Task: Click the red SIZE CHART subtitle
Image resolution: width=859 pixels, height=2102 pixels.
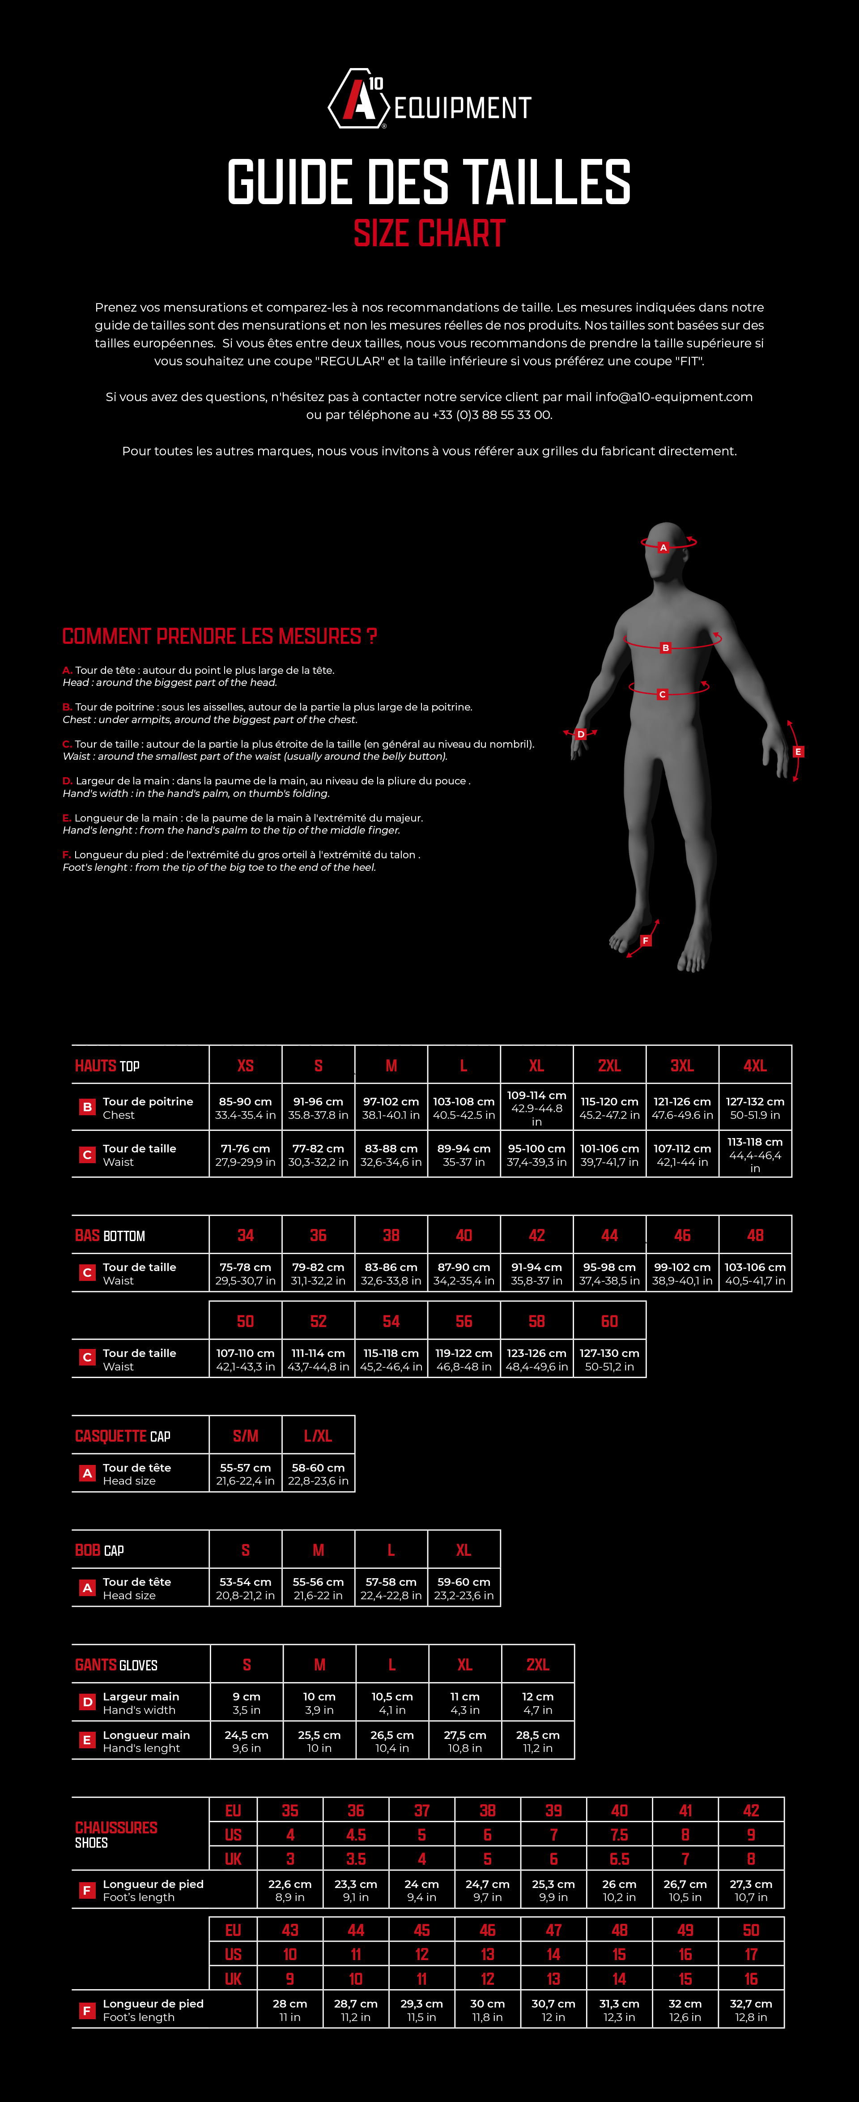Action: click(429, 233)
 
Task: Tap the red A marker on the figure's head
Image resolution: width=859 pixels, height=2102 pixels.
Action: click(663, 548)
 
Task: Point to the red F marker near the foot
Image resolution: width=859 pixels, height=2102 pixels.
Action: click(645, 941)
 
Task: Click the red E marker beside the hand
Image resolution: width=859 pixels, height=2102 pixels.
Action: click(798, 752)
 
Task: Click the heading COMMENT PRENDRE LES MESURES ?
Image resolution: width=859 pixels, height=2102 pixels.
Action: click(219, 637)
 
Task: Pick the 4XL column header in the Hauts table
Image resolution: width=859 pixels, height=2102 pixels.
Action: click(755, 1066)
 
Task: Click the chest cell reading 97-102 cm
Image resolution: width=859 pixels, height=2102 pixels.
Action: click(391, 1108)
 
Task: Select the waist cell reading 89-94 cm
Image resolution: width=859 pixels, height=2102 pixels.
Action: click(464, 1155)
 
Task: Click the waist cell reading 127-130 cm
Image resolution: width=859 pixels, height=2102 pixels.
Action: click(609, 1359)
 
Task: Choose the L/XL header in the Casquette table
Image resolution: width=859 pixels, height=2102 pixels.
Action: click(318, 1436)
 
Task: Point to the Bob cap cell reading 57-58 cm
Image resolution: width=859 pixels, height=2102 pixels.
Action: click(391, 1588)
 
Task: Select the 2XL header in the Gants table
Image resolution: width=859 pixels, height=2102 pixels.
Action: click(538, 1665)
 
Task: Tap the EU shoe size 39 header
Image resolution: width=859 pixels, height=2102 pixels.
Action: click(553, 1811)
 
